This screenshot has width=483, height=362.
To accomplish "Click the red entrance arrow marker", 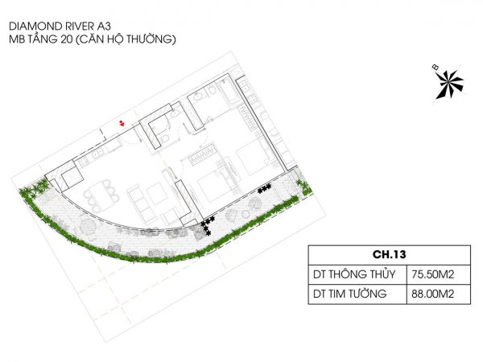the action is (122, 123).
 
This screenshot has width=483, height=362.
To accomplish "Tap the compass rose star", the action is (449, 84).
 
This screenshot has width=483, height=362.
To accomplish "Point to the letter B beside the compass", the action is (436, 67).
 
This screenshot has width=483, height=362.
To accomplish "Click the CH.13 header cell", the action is (390, 254).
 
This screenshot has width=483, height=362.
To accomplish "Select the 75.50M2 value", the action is (432, 274).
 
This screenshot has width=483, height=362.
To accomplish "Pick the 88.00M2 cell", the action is (432, 294).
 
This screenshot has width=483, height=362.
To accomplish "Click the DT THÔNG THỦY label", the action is (354, 274).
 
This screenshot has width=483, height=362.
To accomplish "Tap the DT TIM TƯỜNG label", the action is (349, 294).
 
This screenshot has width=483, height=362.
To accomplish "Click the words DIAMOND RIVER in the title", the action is (50, 27).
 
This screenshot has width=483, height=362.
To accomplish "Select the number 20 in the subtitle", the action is (67, 39).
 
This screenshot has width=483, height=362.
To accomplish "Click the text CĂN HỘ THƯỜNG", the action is (126, 39).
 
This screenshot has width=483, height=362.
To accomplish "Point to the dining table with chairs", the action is (101, 195).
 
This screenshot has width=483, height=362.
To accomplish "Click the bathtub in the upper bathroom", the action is (229, 92).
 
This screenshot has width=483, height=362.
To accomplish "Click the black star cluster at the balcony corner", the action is (207, 225).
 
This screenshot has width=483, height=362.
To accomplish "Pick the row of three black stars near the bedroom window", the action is (265, 188).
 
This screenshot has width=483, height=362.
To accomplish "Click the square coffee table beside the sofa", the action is (157, 193).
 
